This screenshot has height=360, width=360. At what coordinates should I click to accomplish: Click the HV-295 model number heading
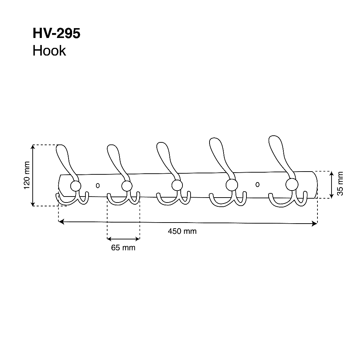click(x=57, y=33)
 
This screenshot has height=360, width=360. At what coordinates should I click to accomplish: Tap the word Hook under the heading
click(x=49, y=51)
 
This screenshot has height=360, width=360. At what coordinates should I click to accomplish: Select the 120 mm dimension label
click(x=27, y=175)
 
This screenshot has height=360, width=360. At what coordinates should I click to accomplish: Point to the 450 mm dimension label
click(x=182, y=231)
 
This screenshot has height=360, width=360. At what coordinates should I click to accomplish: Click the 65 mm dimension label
click(x=123, y=247)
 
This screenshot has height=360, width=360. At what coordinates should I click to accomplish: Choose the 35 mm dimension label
click(x=340, y=184)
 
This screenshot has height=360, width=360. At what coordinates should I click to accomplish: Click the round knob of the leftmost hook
click(x=76, y=186)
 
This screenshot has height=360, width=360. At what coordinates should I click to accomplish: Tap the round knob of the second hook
click(x=127, y=186)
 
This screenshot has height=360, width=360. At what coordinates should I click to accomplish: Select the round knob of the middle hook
click(x=177, y=185)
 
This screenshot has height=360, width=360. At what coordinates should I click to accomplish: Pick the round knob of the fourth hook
click(x=232, y=185)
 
